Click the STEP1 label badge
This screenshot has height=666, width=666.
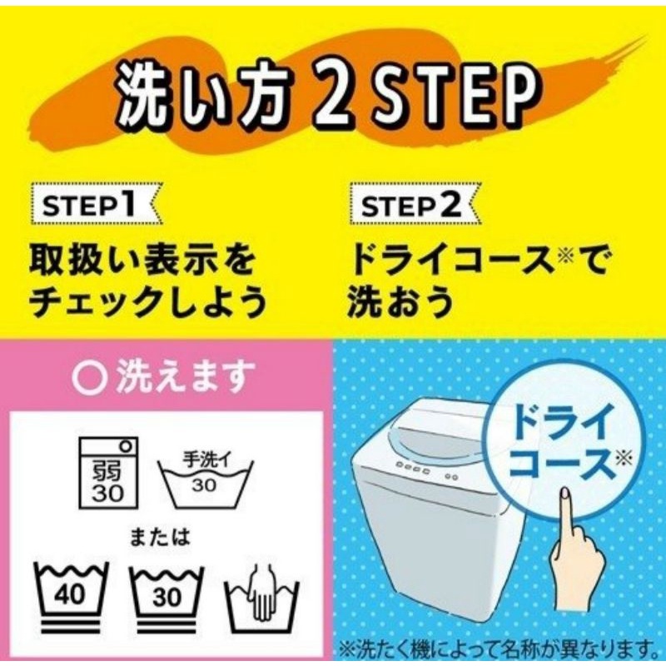coord(96,204)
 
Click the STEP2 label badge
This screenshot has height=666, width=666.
coord(415,204)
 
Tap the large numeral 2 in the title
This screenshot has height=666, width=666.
coord(329,94)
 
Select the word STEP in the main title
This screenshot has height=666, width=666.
coord(448,94)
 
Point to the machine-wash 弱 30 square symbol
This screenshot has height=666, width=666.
coord(108,473)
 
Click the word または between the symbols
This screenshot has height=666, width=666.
coord(160,537)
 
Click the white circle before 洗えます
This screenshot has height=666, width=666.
coord(89,376)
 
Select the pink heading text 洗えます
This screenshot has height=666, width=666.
coord(186,376)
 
